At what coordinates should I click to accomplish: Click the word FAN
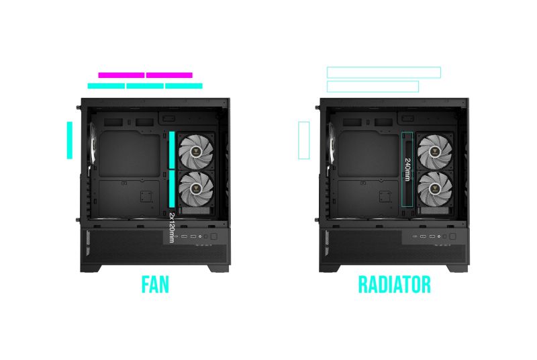point(155,284)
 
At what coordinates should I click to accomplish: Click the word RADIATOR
point(394,284)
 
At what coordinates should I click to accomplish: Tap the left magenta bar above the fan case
point(121,75)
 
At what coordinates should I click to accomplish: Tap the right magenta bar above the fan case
point(169,75)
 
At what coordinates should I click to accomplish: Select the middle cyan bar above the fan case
point(145,86)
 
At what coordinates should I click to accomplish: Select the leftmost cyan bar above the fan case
point(106,86)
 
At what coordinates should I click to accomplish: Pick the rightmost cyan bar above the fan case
point(184,86)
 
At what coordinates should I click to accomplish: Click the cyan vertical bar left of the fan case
point(69,140)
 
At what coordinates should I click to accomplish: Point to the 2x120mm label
point(172,226)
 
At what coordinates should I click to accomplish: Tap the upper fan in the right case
point(434,152)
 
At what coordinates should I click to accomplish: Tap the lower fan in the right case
point(434,188)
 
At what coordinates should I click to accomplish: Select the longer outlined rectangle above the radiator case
point(383,73)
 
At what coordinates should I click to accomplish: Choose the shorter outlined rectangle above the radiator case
point(373,87)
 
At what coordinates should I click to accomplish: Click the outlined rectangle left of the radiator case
point(303,140)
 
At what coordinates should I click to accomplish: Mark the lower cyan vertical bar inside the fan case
point(172,188)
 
